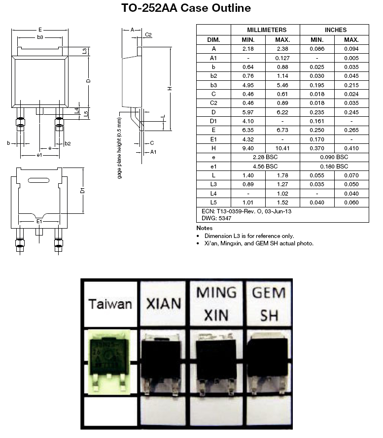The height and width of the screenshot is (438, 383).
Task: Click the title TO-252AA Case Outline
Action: click(x=186, y=8)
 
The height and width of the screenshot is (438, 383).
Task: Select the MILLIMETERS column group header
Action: click(x=266, y=30)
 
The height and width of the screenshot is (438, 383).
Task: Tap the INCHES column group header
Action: click(x=335, y=30)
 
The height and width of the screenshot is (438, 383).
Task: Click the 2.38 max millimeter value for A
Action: click(x=282, y=49)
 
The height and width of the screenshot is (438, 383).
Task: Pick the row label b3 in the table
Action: click(x=213, y=85)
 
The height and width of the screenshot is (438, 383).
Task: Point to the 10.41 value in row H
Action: click(x=282, y=148)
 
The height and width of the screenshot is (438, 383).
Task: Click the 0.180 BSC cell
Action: click(x=334, y=167)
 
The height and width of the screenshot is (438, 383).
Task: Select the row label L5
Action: click(x=213, y=202)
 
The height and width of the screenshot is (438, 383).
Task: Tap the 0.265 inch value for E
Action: click(x=351, y=130)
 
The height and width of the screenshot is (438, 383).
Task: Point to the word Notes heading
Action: click(x=204, y=228)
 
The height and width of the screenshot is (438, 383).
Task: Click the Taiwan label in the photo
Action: click(x=110, y=303)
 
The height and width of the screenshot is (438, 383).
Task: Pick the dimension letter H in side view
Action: click(x=169, y=89)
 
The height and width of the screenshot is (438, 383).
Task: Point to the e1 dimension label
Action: click(x=40, y=155)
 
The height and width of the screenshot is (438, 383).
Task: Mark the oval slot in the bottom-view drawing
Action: click(x=39, y=180)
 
